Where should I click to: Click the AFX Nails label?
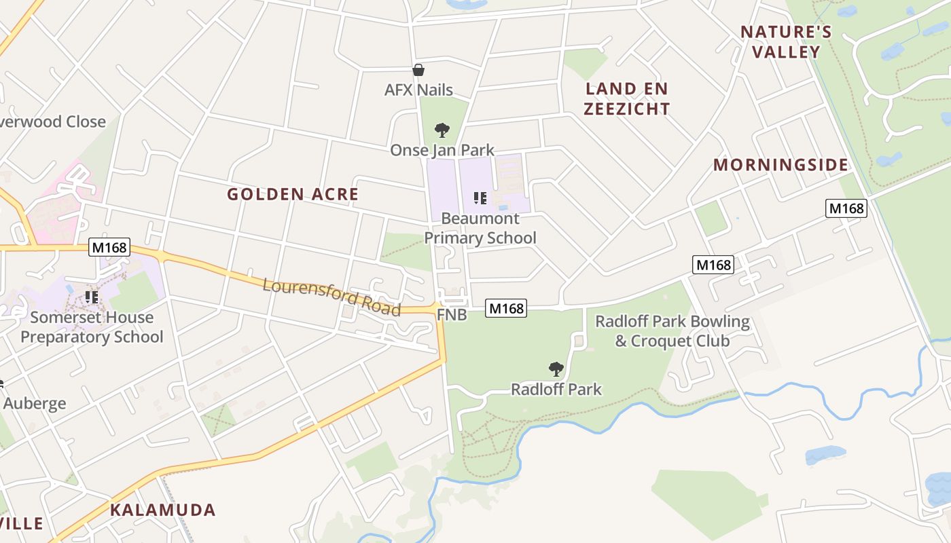[x=418, y=90]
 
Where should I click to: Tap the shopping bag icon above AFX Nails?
[x=418, y=70]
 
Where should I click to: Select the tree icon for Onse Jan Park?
[x=442, y=130]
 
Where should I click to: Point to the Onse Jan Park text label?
[x=442, y=150]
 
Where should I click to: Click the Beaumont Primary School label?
[x=480, y=228]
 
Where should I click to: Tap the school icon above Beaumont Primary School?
[x=480, y=198]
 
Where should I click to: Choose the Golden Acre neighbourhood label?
[x=293, y=194]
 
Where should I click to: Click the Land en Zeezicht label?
[x=628, y=98]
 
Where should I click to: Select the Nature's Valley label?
[x=787, y=41]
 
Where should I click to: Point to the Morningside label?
[x=780, y=165]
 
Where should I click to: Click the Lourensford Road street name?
[x=331, y=297]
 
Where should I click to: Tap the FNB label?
[x=452, y=315]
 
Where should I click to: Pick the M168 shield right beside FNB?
[x=506, y=309]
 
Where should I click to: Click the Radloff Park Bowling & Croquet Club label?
[x=672, y=331]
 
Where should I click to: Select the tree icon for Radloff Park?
[x=556, y=369]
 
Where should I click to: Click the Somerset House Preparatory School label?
[x=92, y=327]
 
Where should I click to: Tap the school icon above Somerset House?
[x=92, y=297]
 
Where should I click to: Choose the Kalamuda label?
[x=163, y=510]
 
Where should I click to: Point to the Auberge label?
[x=35, y=403]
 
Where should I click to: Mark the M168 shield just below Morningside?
[x=846, y=208]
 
